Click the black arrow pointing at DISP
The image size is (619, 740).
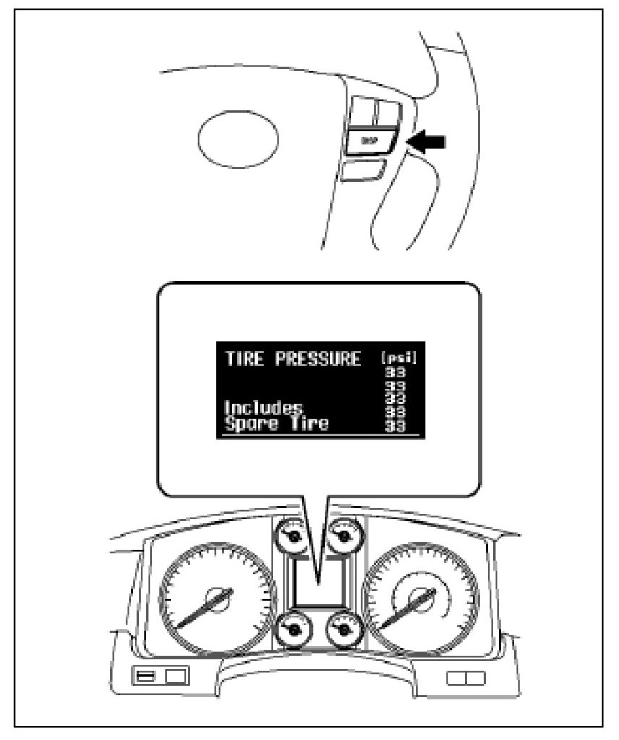426,142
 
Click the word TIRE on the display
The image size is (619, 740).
243,358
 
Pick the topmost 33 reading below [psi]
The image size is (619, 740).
395,373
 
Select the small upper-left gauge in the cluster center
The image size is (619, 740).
291,537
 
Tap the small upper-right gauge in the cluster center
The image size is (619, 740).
341,537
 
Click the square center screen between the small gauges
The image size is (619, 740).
317,583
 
